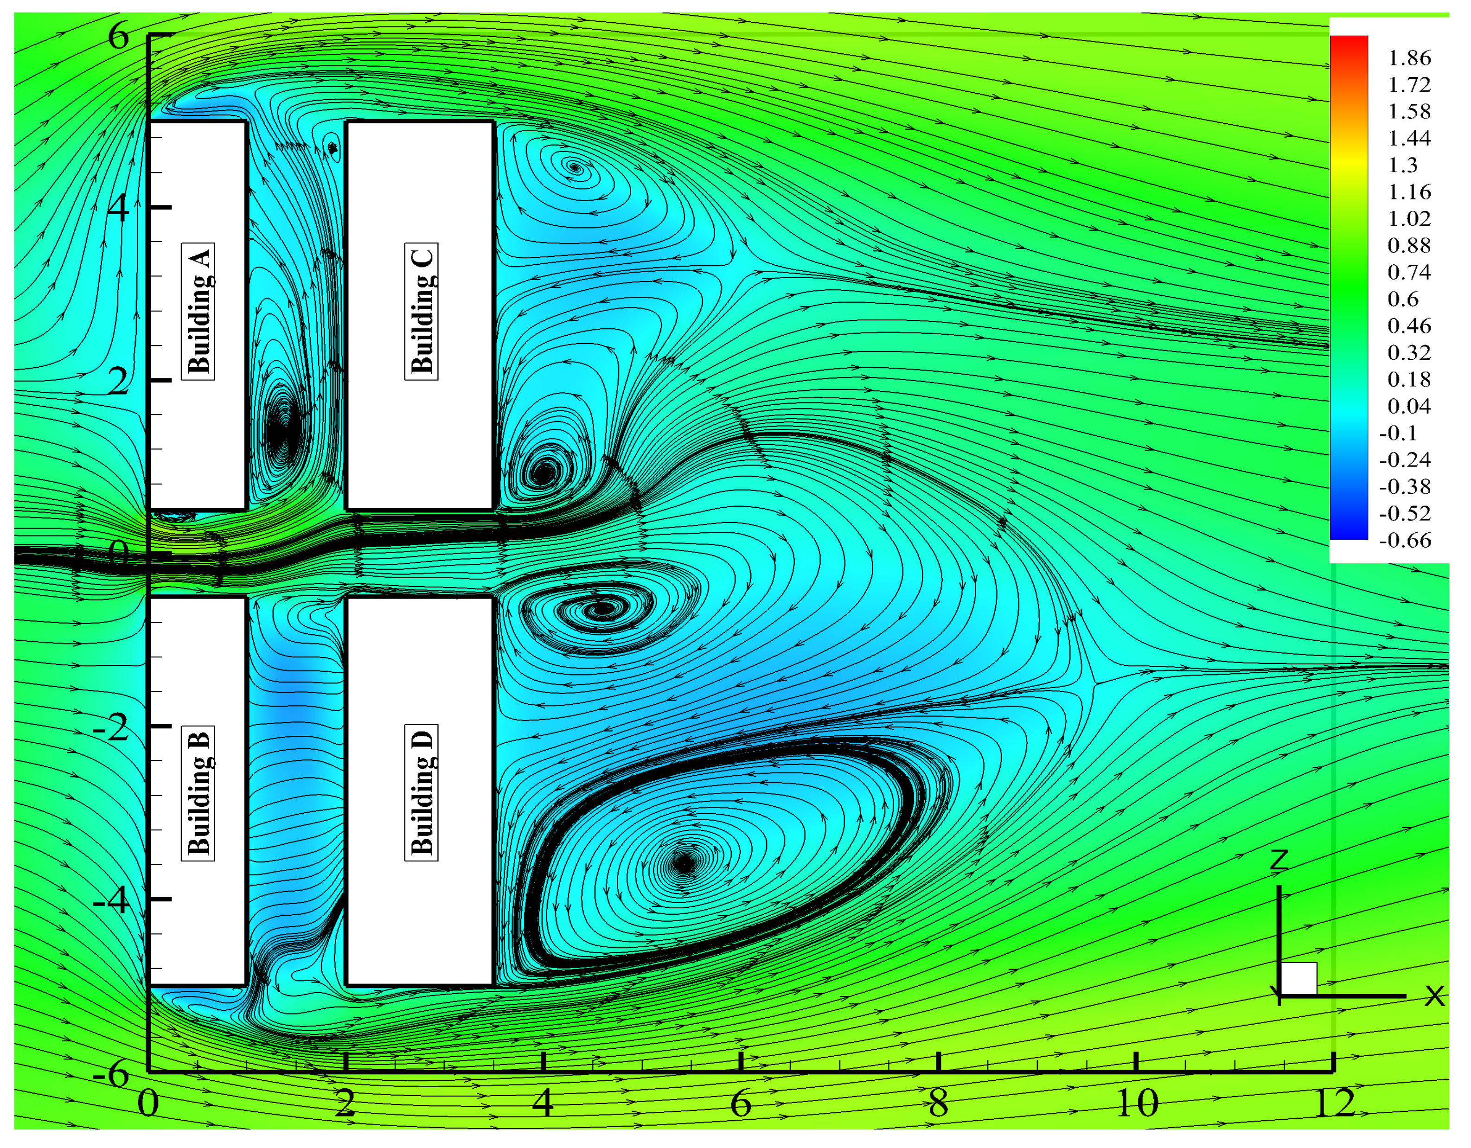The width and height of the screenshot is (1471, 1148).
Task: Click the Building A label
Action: pyautogui.click(x=198, y=311)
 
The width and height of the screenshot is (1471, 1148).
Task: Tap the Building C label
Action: pyautogui.click(x=421, y=311)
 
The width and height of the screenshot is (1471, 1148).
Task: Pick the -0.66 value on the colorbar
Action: pyautogui.click(x=1405, y=540)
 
